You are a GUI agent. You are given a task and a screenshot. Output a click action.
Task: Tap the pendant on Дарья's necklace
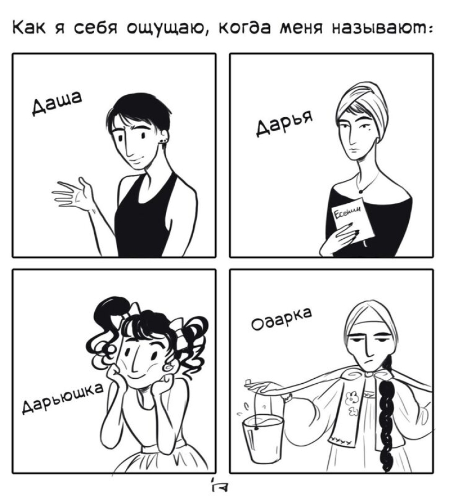click(360, 191)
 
